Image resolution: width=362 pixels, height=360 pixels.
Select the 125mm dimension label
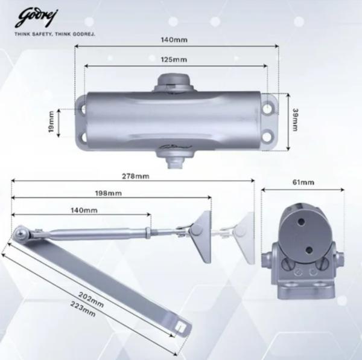(174, 59)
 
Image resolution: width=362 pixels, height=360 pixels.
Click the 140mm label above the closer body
(176, 39)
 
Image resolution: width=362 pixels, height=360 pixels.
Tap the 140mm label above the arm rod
(84, 210)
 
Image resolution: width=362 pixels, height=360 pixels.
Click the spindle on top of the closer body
(175, 83)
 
